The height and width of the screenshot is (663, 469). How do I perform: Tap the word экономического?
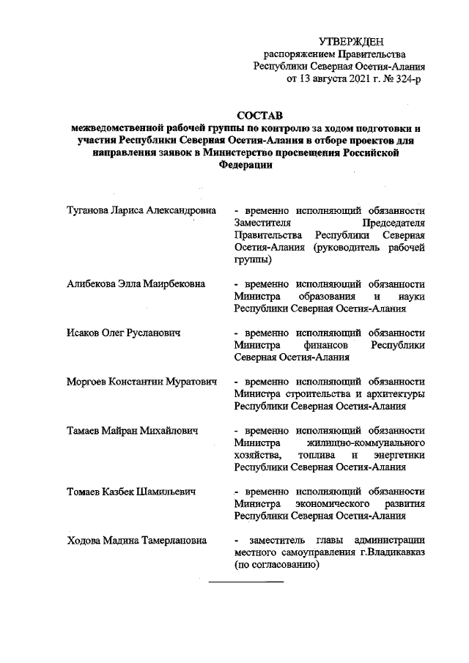(x=336, y=503)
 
